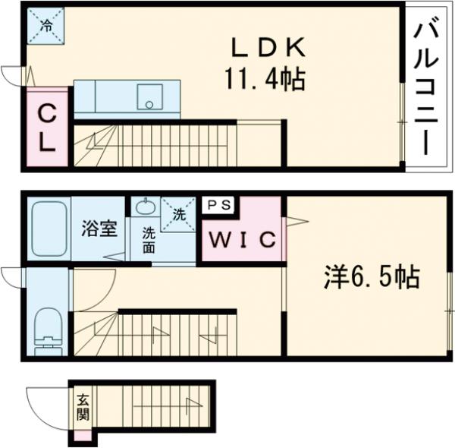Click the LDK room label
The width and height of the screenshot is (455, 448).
(268, 49)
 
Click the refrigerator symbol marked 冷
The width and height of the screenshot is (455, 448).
(45, 26)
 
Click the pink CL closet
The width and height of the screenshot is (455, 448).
(46, 129)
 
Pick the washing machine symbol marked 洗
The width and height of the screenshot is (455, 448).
(179, 215)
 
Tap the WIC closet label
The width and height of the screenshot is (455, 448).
(243, 239)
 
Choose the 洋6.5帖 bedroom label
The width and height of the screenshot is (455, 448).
(372, 278)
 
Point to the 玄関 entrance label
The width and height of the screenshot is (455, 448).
(82, 407)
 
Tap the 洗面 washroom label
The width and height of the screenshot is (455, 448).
(149, 240)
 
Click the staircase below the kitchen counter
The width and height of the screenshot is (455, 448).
(178, 144)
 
